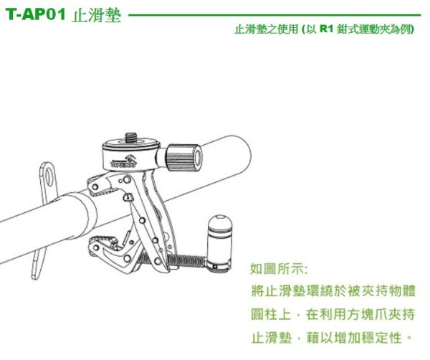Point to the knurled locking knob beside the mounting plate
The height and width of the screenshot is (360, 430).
point(183,155)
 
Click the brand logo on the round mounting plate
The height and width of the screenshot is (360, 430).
point(127,161)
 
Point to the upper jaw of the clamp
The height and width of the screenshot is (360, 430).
point(107,186)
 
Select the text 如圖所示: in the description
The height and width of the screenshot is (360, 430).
point(279,270)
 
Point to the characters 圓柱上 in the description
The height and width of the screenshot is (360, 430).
point(275,314)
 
